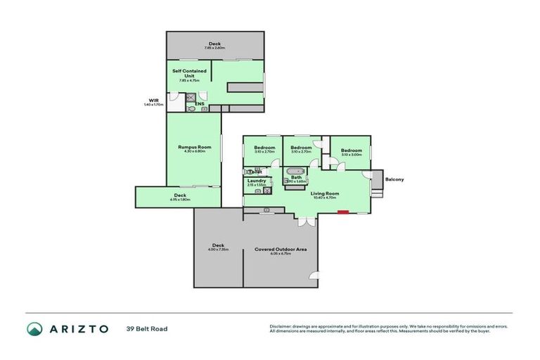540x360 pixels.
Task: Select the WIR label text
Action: pyautogui.click(x=153, y=100)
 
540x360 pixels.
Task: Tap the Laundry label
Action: pyautogui.click(x=257, y=181)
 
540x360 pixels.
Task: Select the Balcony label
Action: pyautogui.click(x=394, y=179)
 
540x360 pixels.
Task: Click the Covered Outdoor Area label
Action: pyautogui.click(x=281, y=249)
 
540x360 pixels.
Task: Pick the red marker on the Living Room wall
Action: pyautogui.click(x=342, y=211)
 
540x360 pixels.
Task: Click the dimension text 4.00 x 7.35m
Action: pyautogui.click(x=218, y=250)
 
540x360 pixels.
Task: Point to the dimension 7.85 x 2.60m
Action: pyautogui.click(x=214, y=48)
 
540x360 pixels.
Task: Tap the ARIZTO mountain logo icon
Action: pyautogui.click(x=34, y=328)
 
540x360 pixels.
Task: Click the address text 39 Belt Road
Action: pyautogui.click(x=147, y=328)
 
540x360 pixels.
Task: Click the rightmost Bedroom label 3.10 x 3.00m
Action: pyautogui.click(x=351, y=155)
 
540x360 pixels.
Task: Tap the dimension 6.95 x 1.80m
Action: pyautogui.click(x=180, y=200)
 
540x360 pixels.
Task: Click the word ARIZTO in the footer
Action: pyautogui.click(x=78, y=328)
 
